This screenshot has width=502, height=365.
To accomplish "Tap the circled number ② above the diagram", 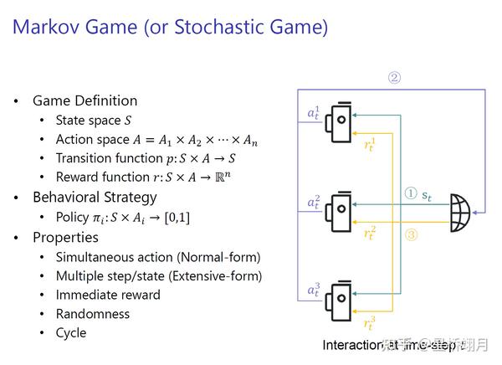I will (x=394, y=79).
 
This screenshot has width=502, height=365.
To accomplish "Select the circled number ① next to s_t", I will (x=410, y=193).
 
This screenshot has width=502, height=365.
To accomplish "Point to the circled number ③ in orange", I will (x=411, y=235).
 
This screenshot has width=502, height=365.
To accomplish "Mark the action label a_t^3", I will (x=314, y=291).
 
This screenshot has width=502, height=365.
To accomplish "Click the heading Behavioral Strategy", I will (x=95, y=198).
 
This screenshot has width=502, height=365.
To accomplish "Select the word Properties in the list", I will (x=65, y=237).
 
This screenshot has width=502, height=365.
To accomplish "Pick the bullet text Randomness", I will (x=92, y=314).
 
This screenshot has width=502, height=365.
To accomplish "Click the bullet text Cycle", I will (x=71, y=332).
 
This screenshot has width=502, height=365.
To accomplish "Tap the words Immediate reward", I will (x=107, y=295).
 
